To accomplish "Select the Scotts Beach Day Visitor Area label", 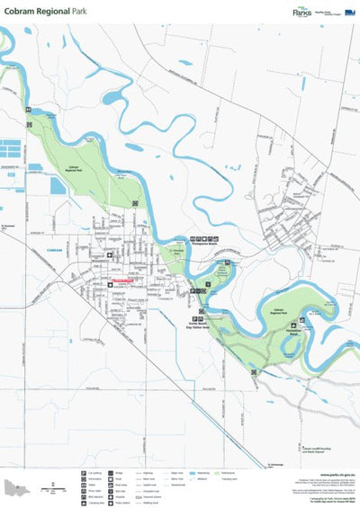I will coord(201,325).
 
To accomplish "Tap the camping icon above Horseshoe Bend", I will coord(303,320).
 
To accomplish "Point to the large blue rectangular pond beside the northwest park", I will coord(57,185).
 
